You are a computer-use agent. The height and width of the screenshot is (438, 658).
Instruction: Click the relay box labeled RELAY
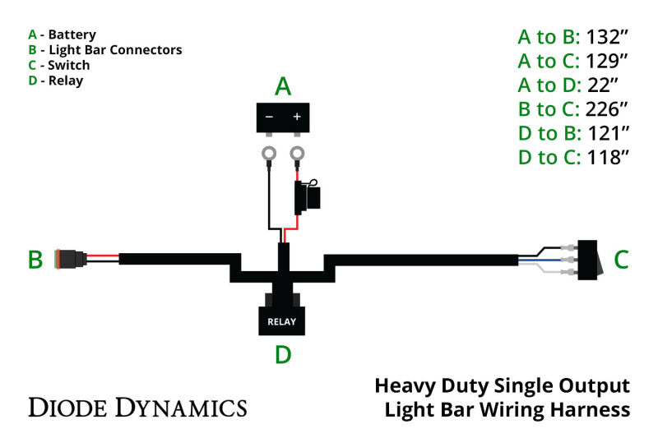pyautogui.click(x=281, y=320)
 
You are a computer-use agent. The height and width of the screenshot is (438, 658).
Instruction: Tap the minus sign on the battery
pyautogui.click(x=269, y=117)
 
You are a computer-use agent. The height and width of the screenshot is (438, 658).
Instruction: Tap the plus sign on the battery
pyautogui.click(x=297, y=117)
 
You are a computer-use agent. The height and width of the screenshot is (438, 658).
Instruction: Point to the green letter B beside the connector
pyautogui.click(x=35, y=260)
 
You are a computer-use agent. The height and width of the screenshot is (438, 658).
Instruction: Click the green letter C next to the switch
pyautogui.click(x=621, y=260)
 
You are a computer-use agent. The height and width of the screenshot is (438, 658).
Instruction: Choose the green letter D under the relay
pyautogui.click(x=282, y=354)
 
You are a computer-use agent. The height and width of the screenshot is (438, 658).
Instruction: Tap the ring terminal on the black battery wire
pyautogui.click(x=269, y=152)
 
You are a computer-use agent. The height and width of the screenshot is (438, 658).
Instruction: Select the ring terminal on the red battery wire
pyautogui.click(x=297, y=152)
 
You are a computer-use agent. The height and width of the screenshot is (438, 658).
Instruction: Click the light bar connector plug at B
pyautogui.click(x=71, y=260)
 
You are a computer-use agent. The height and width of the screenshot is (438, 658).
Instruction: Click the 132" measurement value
pyautogui.click(x=608, y=36)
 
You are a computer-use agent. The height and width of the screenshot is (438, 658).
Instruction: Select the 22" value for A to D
pyautogui.click(x=603, y=85)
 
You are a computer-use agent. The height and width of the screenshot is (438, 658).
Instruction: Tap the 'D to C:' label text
pyautogui.click(x=549, y=158)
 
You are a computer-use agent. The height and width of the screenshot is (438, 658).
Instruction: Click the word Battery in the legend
pyautogui.click(x=72, y=35)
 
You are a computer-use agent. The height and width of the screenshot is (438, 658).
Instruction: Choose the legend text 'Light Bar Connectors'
pyautogui.click(x=114, y=49)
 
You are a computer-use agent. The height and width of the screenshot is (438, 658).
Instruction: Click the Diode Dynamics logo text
pyautogui.click(x=137, y=406)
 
